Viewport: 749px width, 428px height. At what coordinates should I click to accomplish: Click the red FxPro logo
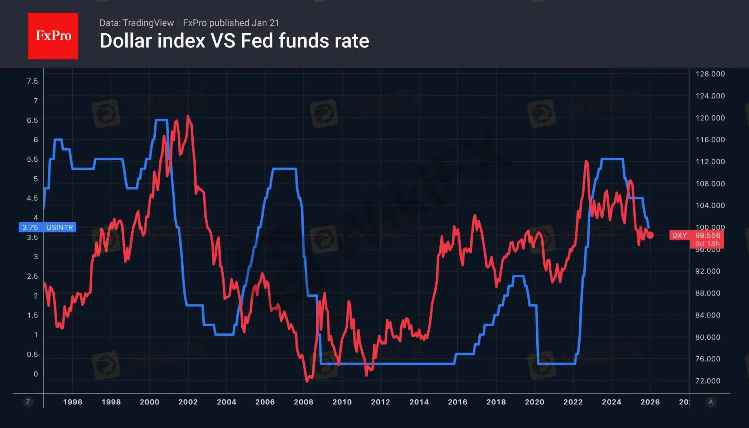tap(53, 36)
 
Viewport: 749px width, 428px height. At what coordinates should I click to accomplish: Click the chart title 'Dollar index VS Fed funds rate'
tap(234, 41)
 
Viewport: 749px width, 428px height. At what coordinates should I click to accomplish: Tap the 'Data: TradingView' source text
tap(136, 23)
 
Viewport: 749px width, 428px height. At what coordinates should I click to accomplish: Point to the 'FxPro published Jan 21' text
tap(231, 23)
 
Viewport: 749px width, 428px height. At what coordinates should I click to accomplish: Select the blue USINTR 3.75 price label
tap(47, 227)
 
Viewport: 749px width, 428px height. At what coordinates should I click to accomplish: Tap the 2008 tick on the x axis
tap(303, 402)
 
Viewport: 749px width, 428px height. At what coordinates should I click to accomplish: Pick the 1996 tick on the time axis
tap(73, 402)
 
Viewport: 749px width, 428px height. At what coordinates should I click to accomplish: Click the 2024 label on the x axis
tap(612, 402)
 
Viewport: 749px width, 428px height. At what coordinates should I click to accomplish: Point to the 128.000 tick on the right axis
tap(710, 74)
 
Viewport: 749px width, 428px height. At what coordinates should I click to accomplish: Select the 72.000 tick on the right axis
tap(707, 381)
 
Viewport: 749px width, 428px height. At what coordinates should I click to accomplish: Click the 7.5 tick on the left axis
tap(32, 81)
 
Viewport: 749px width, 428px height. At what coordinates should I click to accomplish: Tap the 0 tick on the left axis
tap(36, 374)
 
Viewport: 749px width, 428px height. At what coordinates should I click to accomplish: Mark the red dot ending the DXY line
tap(650, 235)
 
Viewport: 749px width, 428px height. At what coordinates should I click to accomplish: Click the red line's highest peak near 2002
tap(188, 116)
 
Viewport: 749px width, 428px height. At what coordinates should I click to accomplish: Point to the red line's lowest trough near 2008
tap(307, 381)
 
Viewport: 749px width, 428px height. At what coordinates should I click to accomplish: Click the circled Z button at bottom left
tap(28, 402)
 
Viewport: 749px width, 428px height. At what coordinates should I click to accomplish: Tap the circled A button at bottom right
tap(711, 402)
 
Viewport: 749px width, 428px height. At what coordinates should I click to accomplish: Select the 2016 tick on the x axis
tap(458, 402)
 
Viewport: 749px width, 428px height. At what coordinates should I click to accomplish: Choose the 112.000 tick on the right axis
tap(710, 162)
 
